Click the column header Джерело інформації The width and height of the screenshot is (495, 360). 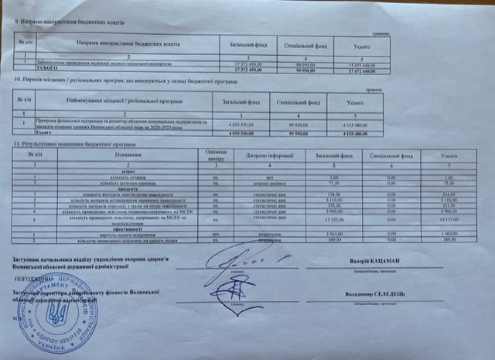tap(269, 155)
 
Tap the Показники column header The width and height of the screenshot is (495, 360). tap(128, 155)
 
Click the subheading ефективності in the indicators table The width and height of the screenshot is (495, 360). tap(127, 229)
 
